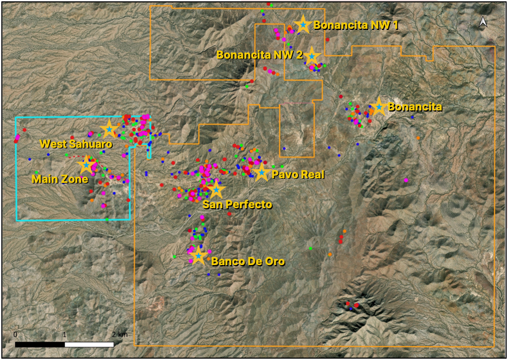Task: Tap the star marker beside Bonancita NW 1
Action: click(x=303, y=24)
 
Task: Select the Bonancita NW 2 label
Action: click(x=259, y=55)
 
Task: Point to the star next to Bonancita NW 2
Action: click(x=311, y=56)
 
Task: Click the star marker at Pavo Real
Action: click(x=262, y=171)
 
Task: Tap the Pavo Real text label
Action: click(x=298, y=174)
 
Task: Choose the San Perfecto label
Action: click(x=237, y=204)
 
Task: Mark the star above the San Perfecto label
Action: click(x=215, y=189)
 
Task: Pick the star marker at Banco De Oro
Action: click(x=198, y=255)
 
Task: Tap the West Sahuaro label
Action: click(x=75, y=144)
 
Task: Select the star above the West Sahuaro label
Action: click(x=109, y=129)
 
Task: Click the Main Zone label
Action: click(x=60, y=179)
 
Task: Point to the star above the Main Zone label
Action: click(x=86, y=164)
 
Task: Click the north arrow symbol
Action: click(x=483, y=22)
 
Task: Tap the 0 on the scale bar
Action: click(x=16, y=334)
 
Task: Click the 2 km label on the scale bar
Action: click(x=120, y=334)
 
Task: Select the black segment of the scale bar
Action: click(x=40, y=344)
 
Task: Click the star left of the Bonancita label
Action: click(x=378, y=106)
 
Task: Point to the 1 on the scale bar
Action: click(x=64, y=334)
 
